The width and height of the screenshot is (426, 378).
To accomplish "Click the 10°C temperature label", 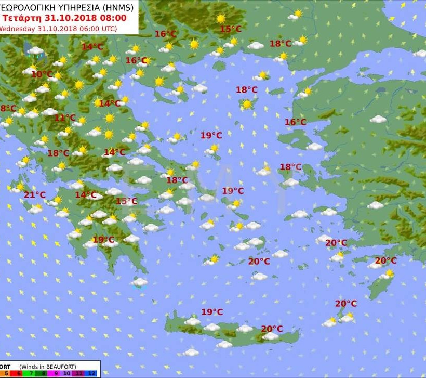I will point(42,74).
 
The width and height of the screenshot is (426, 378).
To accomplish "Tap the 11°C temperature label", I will point(65,118).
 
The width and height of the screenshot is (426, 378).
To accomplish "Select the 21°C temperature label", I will point(35,195).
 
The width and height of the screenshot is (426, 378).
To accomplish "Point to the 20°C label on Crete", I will point(272,329).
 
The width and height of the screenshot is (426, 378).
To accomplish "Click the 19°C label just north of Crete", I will point(212,312).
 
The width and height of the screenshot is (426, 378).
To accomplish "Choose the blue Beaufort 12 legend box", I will point(92,373).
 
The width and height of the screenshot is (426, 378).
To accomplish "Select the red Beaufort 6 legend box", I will point(19,373).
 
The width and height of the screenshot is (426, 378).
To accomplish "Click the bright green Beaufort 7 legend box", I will point(31,373).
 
